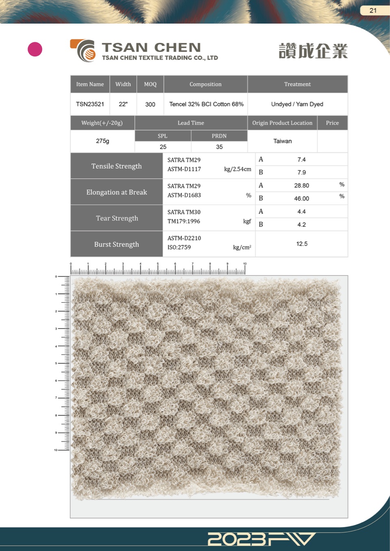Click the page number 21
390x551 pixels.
pyautogui.click(x=373, y=11)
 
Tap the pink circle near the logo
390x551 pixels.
pyautogui.click(x=35, y=49)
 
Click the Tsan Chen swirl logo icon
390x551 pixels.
pyautogui.click(x=83, y=50)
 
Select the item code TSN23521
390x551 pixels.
pyautogui.click(x=90, y=104)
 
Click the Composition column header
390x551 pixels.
pyautogui.click(x=205, y=84)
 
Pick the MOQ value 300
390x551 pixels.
pyautogui.click(x=150, y=104)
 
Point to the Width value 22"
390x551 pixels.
pyautogui.click(x=123, y=104)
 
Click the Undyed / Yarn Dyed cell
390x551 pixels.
pyautogui.click(x=297, y=104)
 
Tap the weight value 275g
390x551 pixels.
pyautogui.click(x=102, y=141)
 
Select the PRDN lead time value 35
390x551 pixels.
pyautogui.click(x=219, y=147)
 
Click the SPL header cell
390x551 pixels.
pyautogui.click(x=163, y=136)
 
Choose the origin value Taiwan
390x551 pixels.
pyautogui.click(x=282, y=141)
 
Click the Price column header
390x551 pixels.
pyautogui.click(x=332, y=123)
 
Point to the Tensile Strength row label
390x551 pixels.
pyautogui.click(x=117, y=166)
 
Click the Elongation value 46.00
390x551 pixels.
pyautogui.click(x=302, y=198)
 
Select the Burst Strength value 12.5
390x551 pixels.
pyautogui.click(x=302, y=244)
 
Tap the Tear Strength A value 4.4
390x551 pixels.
pyautogui.click(x=301, y=212)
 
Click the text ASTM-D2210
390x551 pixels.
pyautogui.click(x=184, y=238)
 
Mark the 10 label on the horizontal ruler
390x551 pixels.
pyautogui.click(x=245, y=264)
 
